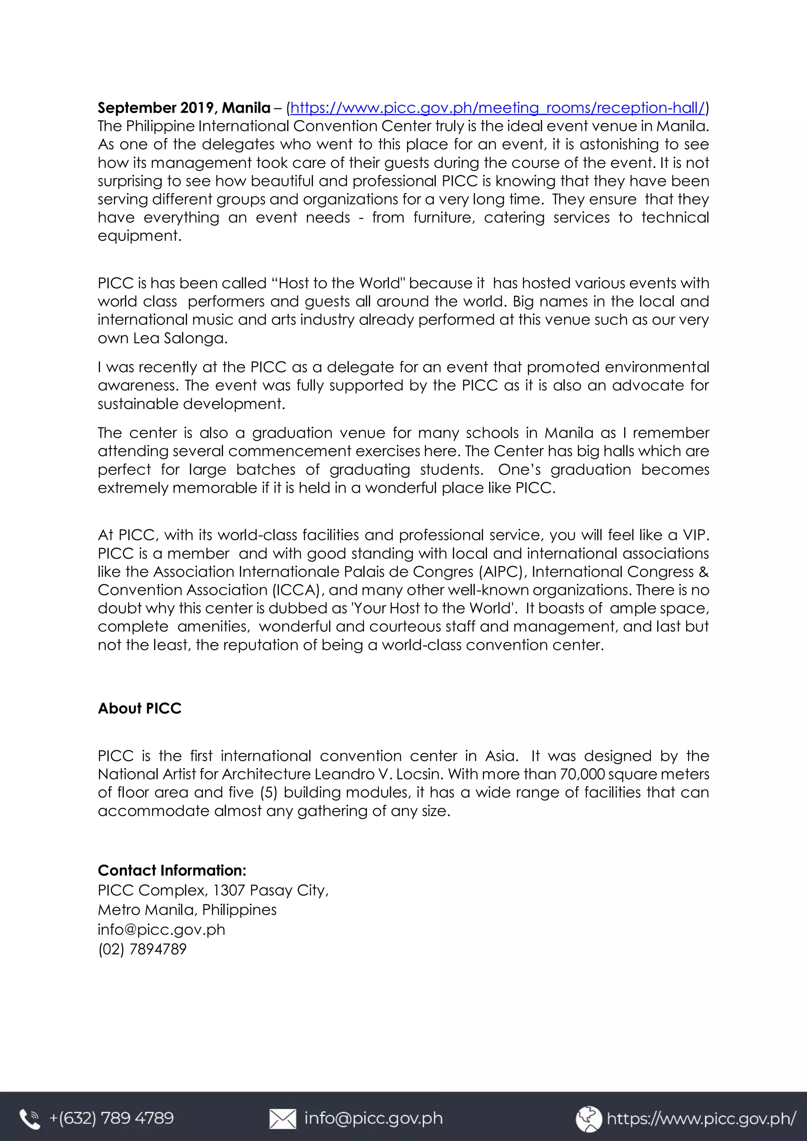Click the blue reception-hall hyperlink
[x=497, y=108]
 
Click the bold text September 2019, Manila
[x=184, y=108]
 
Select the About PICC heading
[x=140, y=708]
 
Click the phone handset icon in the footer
[x=29, y=1119]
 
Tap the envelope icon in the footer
[x=283, y=1119]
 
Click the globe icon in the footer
[x=589, y=1118]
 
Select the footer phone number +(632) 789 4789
[x=112, y=1118]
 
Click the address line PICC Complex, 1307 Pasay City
[x=213, y=890]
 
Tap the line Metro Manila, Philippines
[x=187, y=910]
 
